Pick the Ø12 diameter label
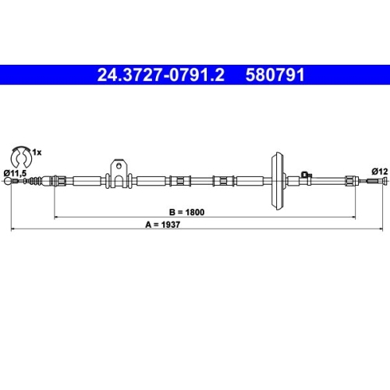[x=379, y=170]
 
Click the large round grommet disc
[x=275, y=181]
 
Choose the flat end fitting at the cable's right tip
[x=381, y=181]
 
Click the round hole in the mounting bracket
[x=119, y=165]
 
